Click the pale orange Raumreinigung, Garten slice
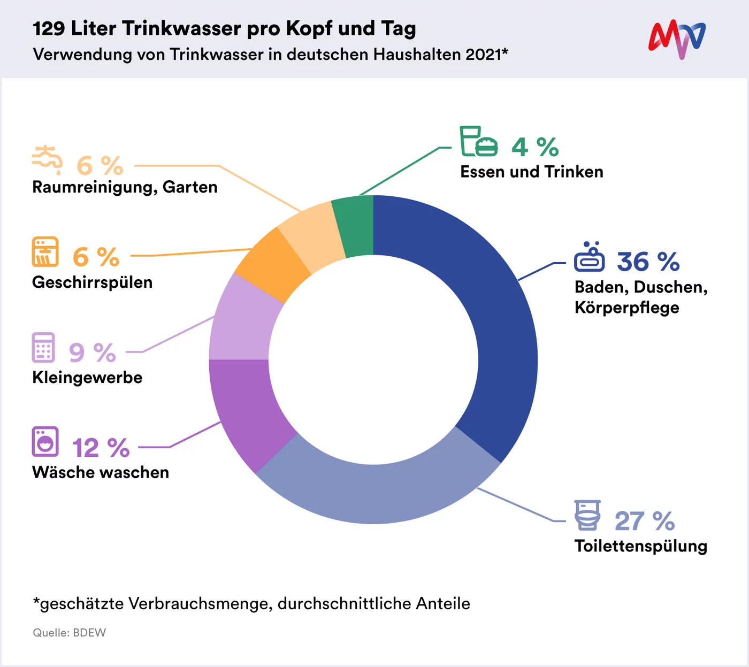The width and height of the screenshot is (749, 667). [x=313, y=235]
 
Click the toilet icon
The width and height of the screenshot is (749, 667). [x=587, y=515]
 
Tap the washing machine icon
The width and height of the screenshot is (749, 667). [x=45, y=441]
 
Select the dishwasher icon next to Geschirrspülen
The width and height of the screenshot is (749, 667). [x=45, y=251]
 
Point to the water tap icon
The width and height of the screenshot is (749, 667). [x=47, y=159]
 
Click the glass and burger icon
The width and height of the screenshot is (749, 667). [x=478, y=141]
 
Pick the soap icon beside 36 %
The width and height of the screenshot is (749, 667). [x=589, y=257]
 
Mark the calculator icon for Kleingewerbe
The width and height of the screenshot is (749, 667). [x=43, y=347]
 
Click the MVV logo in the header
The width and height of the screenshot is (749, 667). [x=677, y=39]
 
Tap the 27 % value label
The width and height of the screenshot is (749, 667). [x=645, y=521]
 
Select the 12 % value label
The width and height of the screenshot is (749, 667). [x=101, y=448]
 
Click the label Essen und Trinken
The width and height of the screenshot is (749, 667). [x=531, y=172]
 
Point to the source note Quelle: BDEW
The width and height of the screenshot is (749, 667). [x=70, y=633]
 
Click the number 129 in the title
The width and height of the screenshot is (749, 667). [x=49, y=29]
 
